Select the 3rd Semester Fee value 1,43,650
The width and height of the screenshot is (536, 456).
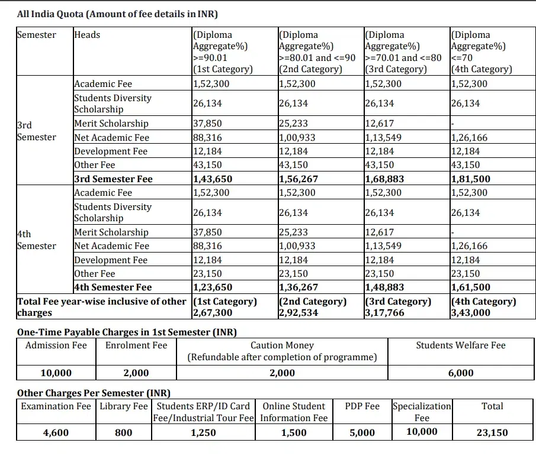212,179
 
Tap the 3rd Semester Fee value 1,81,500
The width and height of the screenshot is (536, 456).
470,179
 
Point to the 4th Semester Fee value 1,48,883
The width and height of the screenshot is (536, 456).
384,287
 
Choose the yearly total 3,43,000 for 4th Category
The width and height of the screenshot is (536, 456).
470,313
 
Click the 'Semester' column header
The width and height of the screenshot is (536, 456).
37,35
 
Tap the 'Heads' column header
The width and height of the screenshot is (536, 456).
87,35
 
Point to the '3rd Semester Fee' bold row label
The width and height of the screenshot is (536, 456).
113,179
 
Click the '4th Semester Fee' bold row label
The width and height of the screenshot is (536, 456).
113,287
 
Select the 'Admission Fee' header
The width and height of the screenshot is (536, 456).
56,345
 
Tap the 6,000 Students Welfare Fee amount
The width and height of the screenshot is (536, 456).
460,373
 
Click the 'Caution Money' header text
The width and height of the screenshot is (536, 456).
282,345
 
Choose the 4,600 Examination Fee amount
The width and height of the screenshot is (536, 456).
56,433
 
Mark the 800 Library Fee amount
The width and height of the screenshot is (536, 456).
123,433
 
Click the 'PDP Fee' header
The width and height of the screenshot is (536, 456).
362,406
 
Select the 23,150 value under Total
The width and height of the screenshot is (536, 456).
492,433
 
